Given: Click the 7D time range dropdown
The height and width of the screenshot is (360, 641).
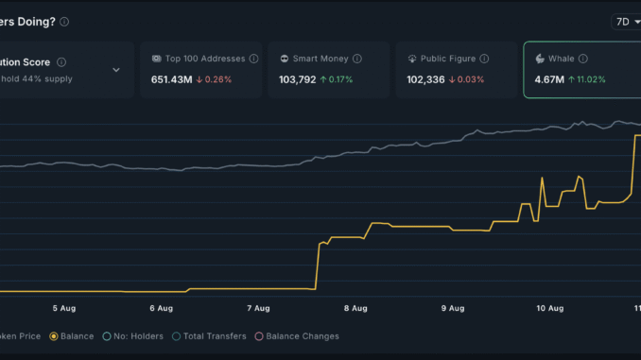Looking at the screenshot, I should (x=627, y=21).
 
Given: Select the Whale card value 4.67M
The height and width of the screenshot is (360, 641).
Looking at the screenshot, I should (x=548, y=79).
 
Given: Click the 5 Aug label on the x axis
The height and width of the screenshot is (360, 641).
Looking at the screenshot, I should (x=64, y=308).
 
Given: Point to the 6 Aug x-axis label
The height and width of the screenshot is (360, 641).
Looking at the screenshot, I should (x=161, y=308).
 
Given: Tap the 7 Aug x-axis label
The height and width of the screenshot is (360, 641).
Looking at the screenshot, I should (x=258, y=308).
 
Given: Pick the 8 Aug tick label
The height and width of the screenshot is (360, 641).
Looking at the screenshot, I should (x=355, y=308).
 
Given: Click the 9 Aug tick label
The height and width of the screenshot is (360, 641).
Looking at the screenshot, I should (x=453, y=308).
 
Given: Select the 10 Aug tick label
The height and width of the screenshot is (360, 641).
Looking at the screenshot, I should (x=549, y=308).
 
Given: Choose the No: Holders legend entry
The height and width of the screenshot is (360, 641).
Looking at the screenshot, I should (x=132, y=335).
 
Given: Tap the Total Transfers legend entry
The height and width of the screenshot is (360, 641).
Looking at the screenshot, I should (x=208, y=335).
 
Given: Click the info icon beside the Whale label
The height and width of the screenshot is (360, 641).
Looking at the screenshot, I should (x=583, y=59).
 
